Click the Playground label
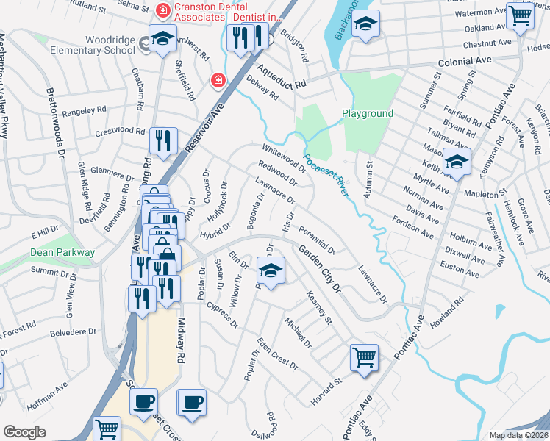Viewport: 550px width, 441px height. [x=367, y=114]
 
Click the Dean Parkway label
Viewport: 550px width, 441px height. [x=63, y=252]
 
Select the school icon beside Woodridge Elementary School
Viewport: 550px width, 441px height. [x=162, y=40]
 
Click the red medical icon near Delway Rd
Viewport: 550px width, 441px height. [x=217, y=79]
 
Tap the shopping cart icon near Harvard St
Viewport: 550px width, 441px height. [x=364, y=358]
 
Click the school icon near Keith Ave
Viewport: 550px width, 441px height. [x=457, y=161]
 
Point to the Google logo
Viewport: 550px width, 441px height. [x=24, y=431]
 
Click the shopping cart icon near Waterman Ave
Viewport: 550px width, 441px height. [x=520, y=15]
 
